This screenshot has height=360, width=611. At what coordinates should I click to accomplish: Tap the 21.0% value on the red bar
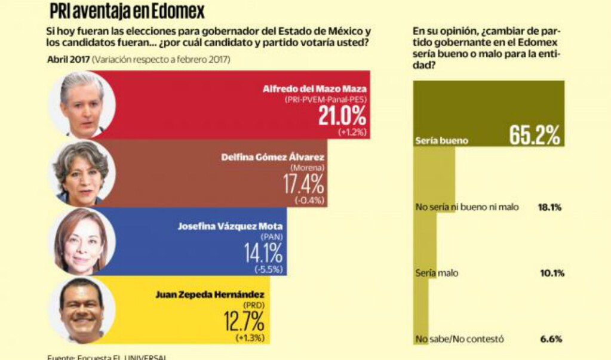pyautogui.click(x=342, y=115)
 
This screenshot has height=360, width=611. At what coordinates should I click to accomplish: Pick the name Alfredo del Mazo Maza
pyautogui.click(x=315, y=89)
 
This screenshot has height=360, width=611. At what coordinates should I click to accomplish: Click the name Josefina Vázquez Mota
pyautogui.click(x=230, y=226)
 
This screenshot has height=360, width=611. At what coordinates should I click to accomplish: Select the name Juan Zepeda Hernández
pyautogui.click(x=209, y=295)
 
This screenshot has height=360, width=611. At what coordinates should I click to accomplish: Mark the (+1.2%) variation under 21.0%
pyautogui.click(x=352, y=131)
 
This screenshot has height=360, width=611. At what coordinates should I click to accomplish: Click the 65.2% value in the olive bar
pyautogui.click(x=535, y=136)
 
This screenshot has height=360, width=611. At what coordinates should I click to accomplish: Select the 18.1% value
pyautogui.click(x=551, y=207)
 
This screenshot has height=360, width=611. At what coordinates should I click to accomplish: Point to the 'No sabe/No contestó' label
pyautogui.click(x=459, y=339)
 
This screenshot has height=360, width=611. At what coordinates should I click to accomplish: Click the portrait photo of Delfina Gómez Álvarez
pyautogui.click(x=81, y=173)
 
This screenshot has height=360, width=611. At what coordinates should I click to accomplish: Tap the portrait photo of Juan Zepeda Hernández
pyautogui.click(x=81, y=309)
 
